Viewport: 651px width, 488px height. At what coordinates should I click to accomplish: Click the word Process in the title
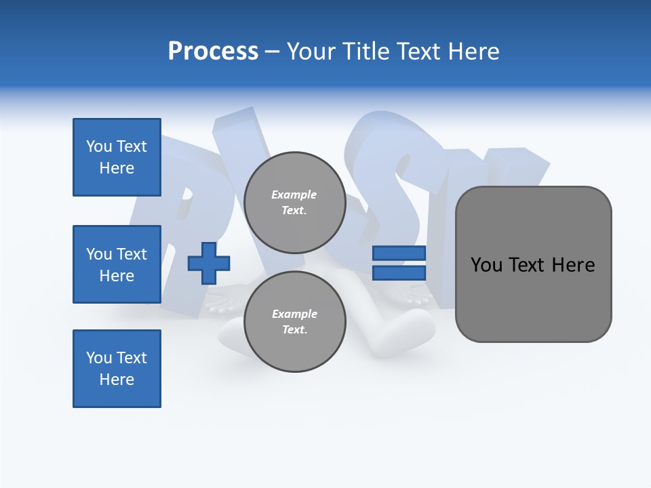pyautogui.click(x=213, y=52)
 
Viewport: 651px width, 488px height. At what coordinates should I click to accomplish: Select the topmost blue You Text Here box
pyautogui.click(x=117, y=157)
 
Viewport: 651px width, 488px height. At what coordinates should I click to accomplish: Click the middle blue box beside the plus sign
pyautogui.click(x=117, y=264)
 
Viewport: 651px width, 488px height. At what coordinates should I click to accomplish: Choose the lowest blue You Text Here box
pyautogui.click(x=117, y=369)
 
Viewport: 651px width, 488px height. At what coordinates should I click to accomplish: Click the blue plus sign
pyautogui.click(x=209, y=263)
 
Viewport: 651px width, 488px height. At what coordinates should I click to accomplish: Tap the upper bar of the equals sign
pyautogui.click(x=399, y=253)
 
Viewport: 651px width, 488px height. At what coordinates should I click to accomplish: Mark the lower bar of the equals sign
pyautogui.click(x=399, y=273)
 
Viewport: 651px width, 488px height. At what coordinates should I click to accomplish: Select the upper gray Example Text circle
pyautogui.click(x=294, y=202)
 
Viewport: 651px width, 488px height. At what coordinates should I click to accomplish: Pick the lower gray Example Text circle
pyautogui.click(x=294, y=321)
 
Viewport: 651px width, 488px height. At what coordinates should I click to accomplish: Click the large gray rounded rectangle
pyautogui.click(x=533, y=264)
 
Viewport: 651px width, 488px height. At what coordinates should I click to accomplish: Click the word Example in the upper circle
pyautogui.click(x=294, y=195)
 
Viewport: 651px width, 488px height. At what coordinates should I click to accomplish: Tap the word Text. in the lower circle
pyautogui.click(x=294, y=330)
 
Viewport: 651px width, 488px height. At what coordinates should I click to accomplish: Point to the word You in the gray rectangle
pyautogui.click(x=486, y=265)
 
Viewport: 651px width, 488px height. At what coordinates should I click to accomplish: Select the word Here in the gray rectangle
pyautogui.click(x=573, y=265)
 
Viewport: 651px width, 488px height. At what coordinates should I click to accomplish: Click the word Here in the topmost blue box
pyautogui.click(x=117, y=168)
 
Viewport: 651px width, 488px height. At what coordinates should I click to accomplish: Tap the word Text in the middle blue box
pyautogui.click(x=132, y=254)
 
